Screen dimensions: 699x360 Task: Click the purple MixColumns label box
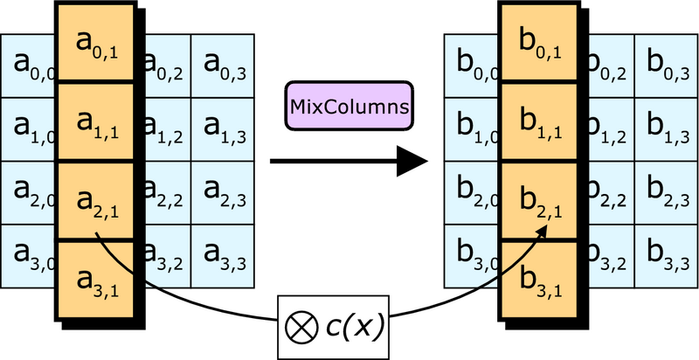point(349,106)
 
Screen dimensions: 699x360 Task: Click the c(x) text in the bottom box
point(355,328)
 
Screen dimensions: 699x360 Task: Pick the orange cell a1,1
point(96,121)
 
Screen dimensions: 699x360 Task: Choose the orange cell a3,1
point(96,280)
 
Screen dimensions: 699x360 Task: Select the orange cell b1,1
point(539,121)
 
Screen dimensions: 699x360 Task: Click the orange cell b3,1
point(539,280)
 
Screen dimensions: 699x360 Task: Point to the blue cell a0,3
point(223,66)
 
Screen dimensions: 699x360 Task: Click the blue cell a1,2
point(168,129)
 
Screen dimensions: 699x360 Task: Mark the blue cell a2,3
point(223,193)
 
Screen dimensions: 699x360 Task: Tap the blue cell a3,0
point(28,256)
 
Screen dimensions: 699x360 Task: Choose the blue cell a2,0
point(28,193)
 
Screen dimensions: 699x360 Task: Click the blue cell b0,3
point(666,66)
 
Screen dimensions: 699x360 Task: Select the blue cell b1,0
point(472,129)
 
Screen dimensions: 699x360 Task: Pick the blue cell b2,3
point(666,193)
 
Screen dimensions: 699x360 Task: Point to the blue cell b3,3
point(666,256)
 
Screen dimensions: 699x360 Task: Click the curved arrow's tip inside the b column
point(547,225)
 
